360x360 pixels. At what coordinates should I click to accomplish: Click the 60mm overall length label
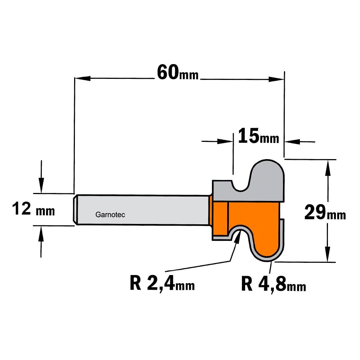click(178, 72)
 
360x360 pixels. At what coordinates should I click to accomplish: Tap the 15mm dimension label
click(258, 136)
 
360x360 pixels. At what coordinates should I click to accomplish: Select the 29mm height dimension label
click(325, 212)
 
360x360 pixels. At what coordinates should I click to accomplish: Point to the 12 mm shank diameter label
click(33, 209)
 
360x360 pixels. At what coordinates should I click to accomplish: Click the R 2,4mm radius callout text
click(162, 283)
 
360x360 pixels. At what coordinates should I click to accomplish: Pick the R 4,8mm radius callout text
click(274, 284)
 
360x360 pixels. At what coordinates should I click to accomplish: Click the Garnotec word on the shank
click(110, 215)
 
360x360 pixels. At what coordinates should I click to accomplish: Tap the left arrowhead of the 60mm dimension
click(82, 78)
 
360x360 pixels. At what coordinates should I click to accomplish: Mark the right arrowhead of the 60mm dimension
click(276, 80)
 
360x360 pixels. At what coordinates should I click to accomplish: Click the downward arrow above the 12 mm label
click(41, 176)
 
